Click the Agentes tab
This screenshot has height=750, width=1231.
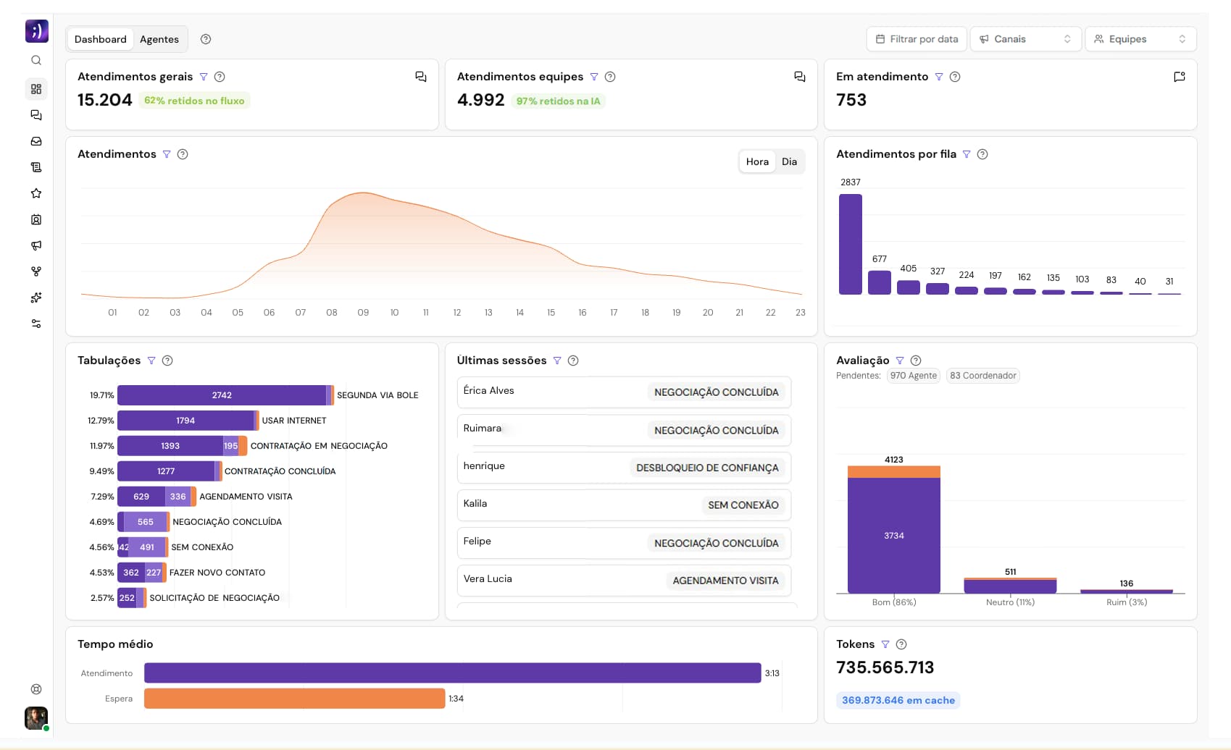159,39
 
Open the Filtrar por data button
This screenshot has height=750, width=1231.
917,39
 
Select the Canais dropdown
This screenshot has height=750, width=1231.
1025,39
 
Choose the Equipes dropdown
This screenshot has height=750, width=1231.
1140,39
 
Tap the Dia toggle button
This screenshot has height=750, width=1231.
789,161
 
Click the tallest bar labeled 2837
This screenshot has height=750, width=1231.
850,244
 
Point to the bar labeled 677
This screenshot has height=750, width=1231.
879,282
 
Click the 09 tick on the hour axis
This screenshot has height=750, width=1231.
363,313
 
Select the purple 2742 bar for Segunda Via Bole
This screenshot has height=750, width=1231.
222,395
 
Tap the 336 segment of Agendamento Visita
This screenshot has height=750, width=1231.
178,497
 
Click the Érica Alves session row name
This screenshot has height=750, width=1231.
488,391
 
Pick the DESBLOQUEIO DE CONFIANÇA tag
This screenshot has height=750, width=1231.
706,468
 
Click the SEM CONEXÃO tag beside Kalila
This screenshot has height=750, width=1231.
743,505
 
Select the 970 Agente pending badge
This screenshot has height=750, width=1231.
913,376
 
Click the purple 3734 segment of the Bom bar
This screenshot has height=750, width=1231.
893,536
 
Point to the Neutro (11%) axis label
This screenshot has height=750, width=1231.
1010,602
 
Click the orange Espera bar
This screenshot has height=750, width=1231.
294,699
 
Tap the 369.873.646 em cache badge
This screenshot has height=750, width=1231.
898,700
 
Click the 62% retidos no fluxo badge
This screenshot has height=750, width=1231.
194,101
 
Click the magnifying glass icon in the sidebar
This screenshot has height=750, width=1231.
36,61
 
